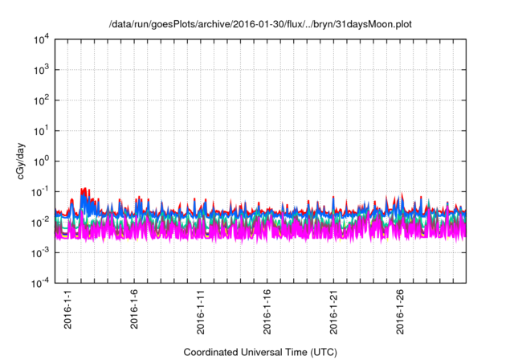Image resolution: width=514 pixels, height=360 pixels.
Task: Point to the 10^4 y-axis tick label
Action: tap(40, 39)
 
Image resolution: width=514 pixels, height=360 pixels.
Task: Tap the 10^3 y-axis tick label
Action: tap(40, 70)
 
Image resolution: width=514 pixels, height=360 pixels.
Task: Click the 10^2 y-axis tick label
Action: tap(40, 100)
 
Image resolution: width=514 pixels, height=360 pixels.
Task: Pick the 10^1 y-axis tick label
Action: tap(40, 130)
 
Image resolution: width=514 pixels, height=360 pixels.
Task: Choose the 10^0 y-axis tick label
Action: tap(40, 161)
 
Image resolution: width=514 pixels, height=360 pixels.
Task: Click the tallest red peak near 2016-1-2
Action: tap(84, 190)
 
